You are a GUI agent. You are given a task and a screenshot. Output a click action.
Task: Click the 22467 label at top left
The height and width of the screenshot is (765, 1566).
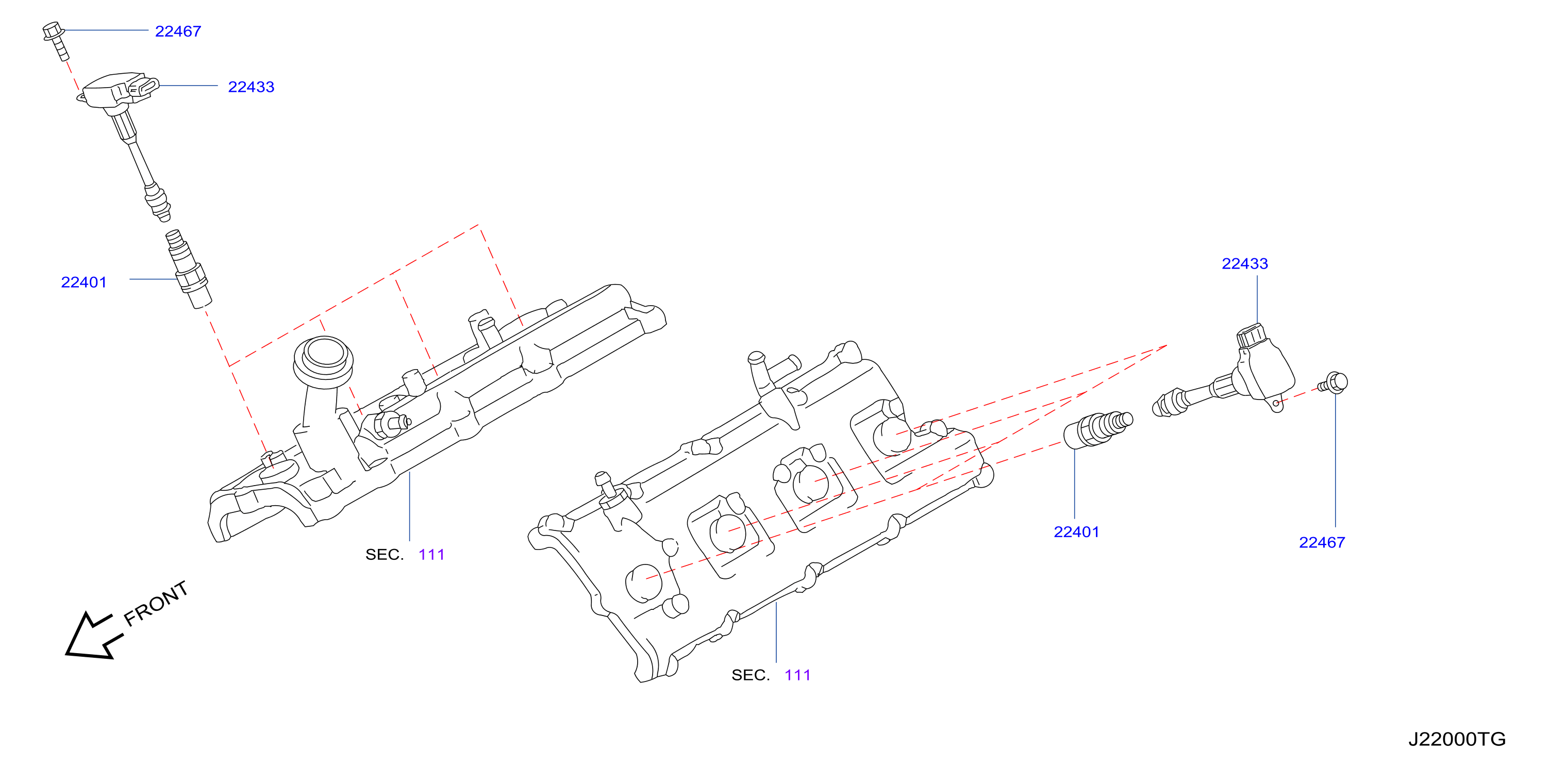coord(178,31)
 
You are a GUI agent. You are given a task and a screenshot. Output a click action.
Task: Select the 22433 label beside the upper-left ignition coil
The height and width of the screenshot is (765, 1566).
coord(251,87)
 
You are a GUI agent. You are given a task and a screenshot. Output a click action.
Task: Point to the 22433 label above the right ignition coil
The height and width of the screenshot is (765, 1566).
coord(1245,263)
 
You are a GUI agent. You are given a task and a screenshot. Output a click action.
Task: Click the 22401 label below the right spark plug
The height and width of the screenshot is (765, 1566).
coord(1077,531)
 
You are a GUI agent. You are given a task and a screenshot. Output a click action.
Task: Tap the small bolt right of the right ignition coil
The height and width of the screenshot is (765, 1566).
coord(1333,383)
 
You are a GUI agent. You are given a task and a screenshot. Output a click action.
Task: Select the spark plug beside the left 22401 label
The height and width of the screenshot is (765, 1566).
coord(189,269)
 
